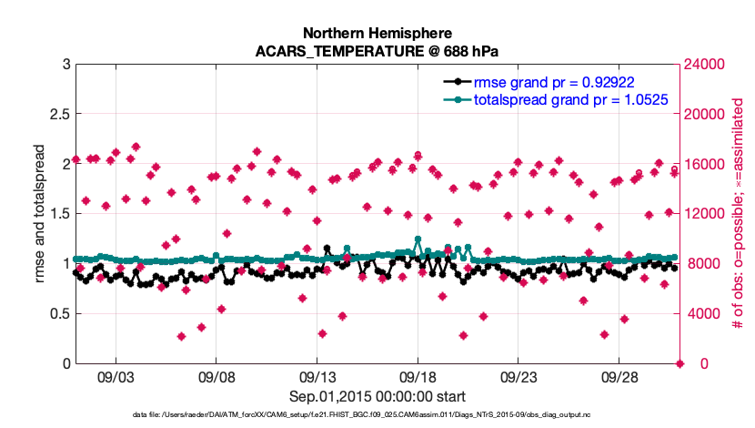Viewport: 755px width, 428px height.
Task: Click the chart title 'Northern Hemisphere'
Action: [x=377, y=34]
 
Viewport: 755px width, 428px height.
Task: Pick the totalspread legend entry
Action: [x=571, y=98]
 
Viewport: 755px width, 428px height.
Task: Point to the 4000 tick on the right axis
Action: [x=702, y=314]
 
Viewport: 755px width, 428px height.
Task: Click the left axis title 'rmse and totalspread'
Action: [x=40, y=214]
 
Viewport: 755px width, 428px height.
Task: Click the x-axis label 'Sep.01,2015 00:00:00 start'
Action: [x=377, y=396]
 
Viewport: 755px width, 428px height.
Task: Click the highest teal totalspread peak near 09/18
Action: [x=418, y=239]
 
